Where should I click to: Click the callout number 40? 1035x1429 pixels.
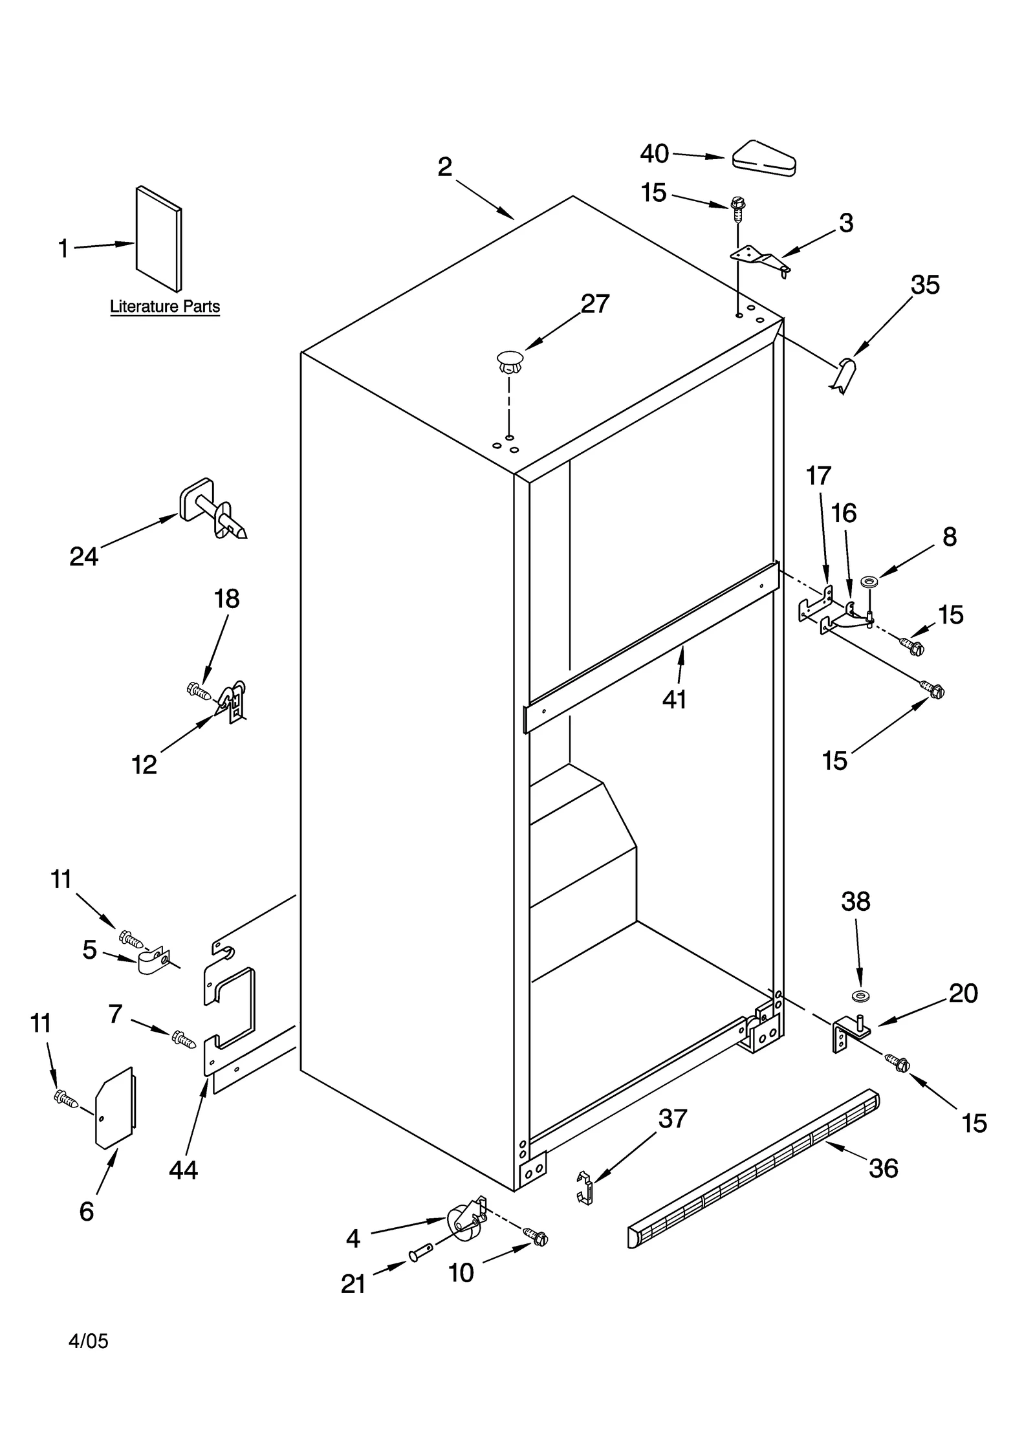point(654,154)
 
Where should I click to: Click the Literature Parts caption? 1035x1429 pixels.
point(165,306)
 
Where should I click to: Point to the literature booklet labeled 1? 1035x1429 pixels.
point(158,239)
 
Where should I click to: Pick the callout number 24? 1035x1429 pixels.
point(83,556)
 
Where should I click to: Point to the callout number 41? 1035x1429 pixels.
point(674,699)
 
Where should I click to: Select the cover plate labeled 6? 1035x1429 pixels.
point(116,1107)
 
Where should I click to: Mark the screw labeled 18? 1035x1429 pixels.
point(198,691)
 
